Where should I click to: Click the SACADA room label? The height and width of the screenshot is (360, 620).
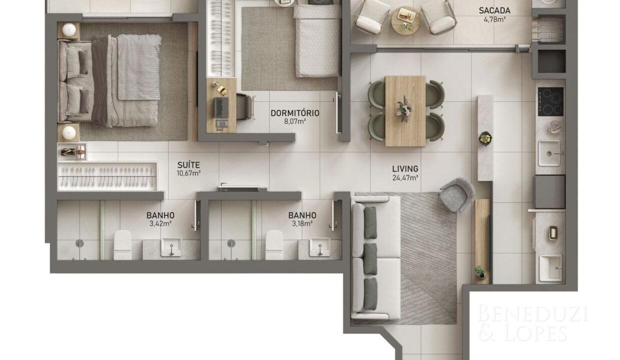(494, 10)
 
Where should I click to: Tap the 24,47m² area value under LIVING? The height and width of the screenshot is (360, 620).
(405, 177)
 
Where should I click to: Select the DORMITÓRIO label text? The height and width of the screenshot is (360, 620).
(295, 113)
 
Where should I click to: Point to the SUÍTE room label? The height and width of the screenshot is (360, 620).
(188, 165)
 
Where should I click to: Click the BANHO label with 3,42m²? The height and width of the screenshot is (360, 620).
(160, 215)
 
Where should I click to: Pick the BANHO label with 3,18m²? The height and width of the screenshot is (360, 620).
(302, 215)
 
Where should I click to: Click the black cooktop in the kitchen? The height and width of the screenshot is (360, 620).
(550, 101)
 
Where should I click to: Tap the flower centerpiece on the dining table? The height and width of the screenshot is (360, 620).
(404, 108)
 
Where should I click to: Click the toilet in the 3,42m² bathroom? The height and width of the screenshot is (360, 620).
(122, 245)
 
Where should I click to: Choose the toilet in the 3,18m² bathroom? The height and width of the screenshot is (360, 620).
(274, 245)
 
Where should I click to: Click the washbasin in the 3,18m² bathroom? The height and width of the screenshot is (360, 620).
(320, 247)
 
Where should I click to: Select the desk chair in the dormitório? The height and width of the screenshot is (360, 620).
(245, 107)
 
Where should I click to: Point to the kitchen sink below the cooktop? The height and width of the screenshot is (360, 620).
(549, 153)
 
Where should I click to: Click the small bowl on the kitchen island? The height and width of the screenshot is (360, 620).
(485, 138)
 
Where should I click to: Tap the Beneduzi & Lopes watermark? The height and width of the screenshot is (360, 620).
(533, 322)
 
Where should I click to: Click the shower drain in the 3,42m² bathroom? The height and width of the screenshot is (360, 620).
(79, 243)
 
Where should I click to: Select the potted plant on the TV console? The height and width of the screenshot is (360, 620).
(480, 272)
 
